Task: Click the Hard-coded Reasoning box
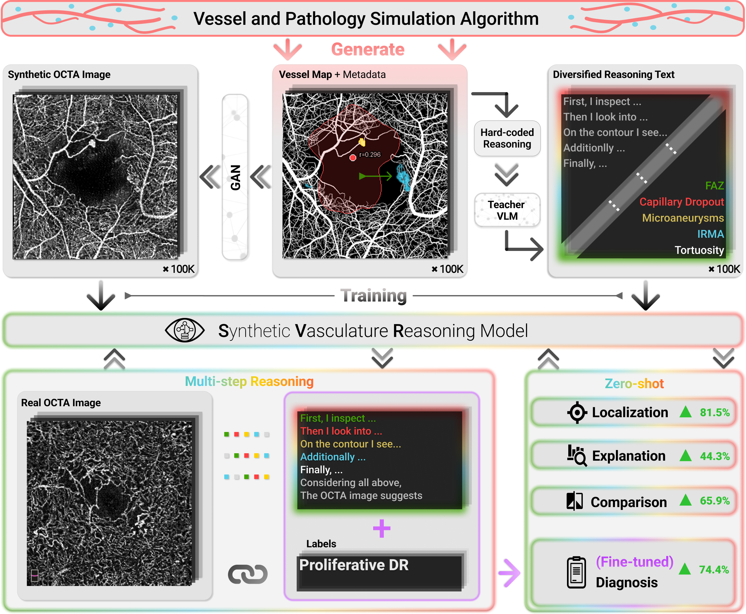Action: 507,138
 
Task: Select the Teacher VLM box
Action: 507,210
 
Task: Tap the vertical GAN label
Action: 235,177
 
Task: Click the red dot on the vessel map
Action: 353,158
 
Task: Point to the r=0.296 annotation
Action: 370,155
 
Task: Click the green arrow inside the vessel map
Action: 375,176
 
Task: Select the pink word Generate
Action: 368,50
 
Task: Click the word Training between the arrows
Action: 373,296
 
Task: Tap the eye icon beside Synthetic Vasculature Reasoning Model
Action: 184,330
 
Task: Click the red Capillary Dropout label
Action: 681,202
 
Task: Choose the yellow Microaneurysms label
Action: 683,218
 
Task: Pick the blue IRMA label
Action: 710,234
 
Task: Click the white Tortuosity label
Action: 699,250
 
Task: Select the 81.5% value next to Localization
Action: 714,412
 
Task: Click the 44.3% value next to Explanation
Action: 714,456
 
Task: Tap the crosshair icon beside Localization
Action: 577,412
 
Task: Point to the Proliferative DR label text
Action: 354,565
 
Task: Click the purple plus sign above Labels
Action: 382,528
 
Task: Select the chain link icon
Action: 248,574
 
